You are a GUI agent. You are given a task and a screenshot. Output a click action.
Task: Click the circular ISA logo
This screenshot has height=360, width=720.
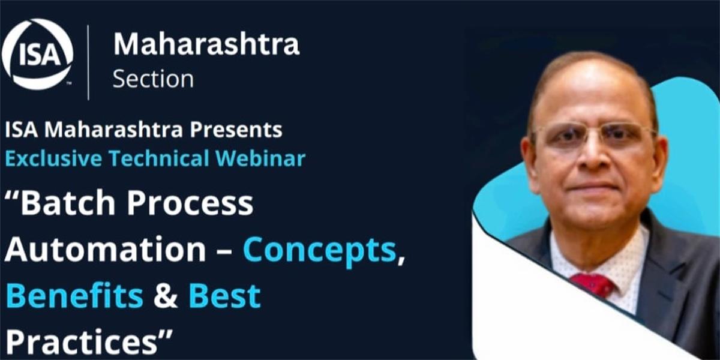[38, 54]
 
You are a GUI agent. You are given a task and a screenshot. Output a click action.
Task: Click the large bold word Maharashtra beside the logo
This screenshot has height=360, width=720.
[206, 44]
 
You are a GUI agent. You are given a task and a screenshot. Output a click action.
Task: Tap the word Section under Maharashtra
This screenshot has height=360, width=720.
[153, 79]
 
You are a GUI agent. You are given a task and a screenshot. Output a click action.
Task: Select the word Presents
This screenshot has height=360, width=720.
[236, 130]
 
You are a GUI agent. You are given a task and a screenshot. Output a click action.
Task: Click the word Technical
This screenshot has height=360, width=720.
[159, 158]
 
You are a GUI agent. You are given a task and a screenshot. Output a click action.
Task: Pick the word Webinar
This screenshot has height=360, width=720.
[260, 158]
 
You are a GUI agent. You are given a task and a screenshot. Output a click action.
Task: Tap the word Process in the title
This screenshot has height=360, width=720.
[190, 203]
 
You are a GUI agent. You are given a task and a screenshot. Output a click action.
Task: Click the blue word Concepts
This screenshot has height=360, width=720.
[319, 251]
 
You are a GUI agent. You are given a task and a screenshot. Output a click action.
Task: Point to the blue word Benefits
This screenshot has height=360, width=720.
[74, 296]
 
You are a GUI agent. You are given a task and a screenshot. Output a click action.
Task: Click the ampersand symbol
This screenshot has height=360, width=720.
[166, 296]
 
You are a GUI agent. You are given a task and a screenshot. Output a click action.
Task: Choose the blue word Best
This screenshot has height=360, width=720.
[224, 296]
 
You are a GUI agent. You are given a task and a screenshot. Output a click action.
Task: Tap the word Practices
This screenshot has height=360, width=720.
[82, 341]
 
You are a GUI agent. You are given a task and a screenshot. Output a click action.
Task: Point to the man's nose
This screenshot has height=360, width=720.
[593, 154]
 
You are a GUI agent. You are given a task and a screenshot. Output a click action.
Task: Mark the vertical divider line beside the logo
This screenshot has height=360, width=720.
[88, 62]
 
